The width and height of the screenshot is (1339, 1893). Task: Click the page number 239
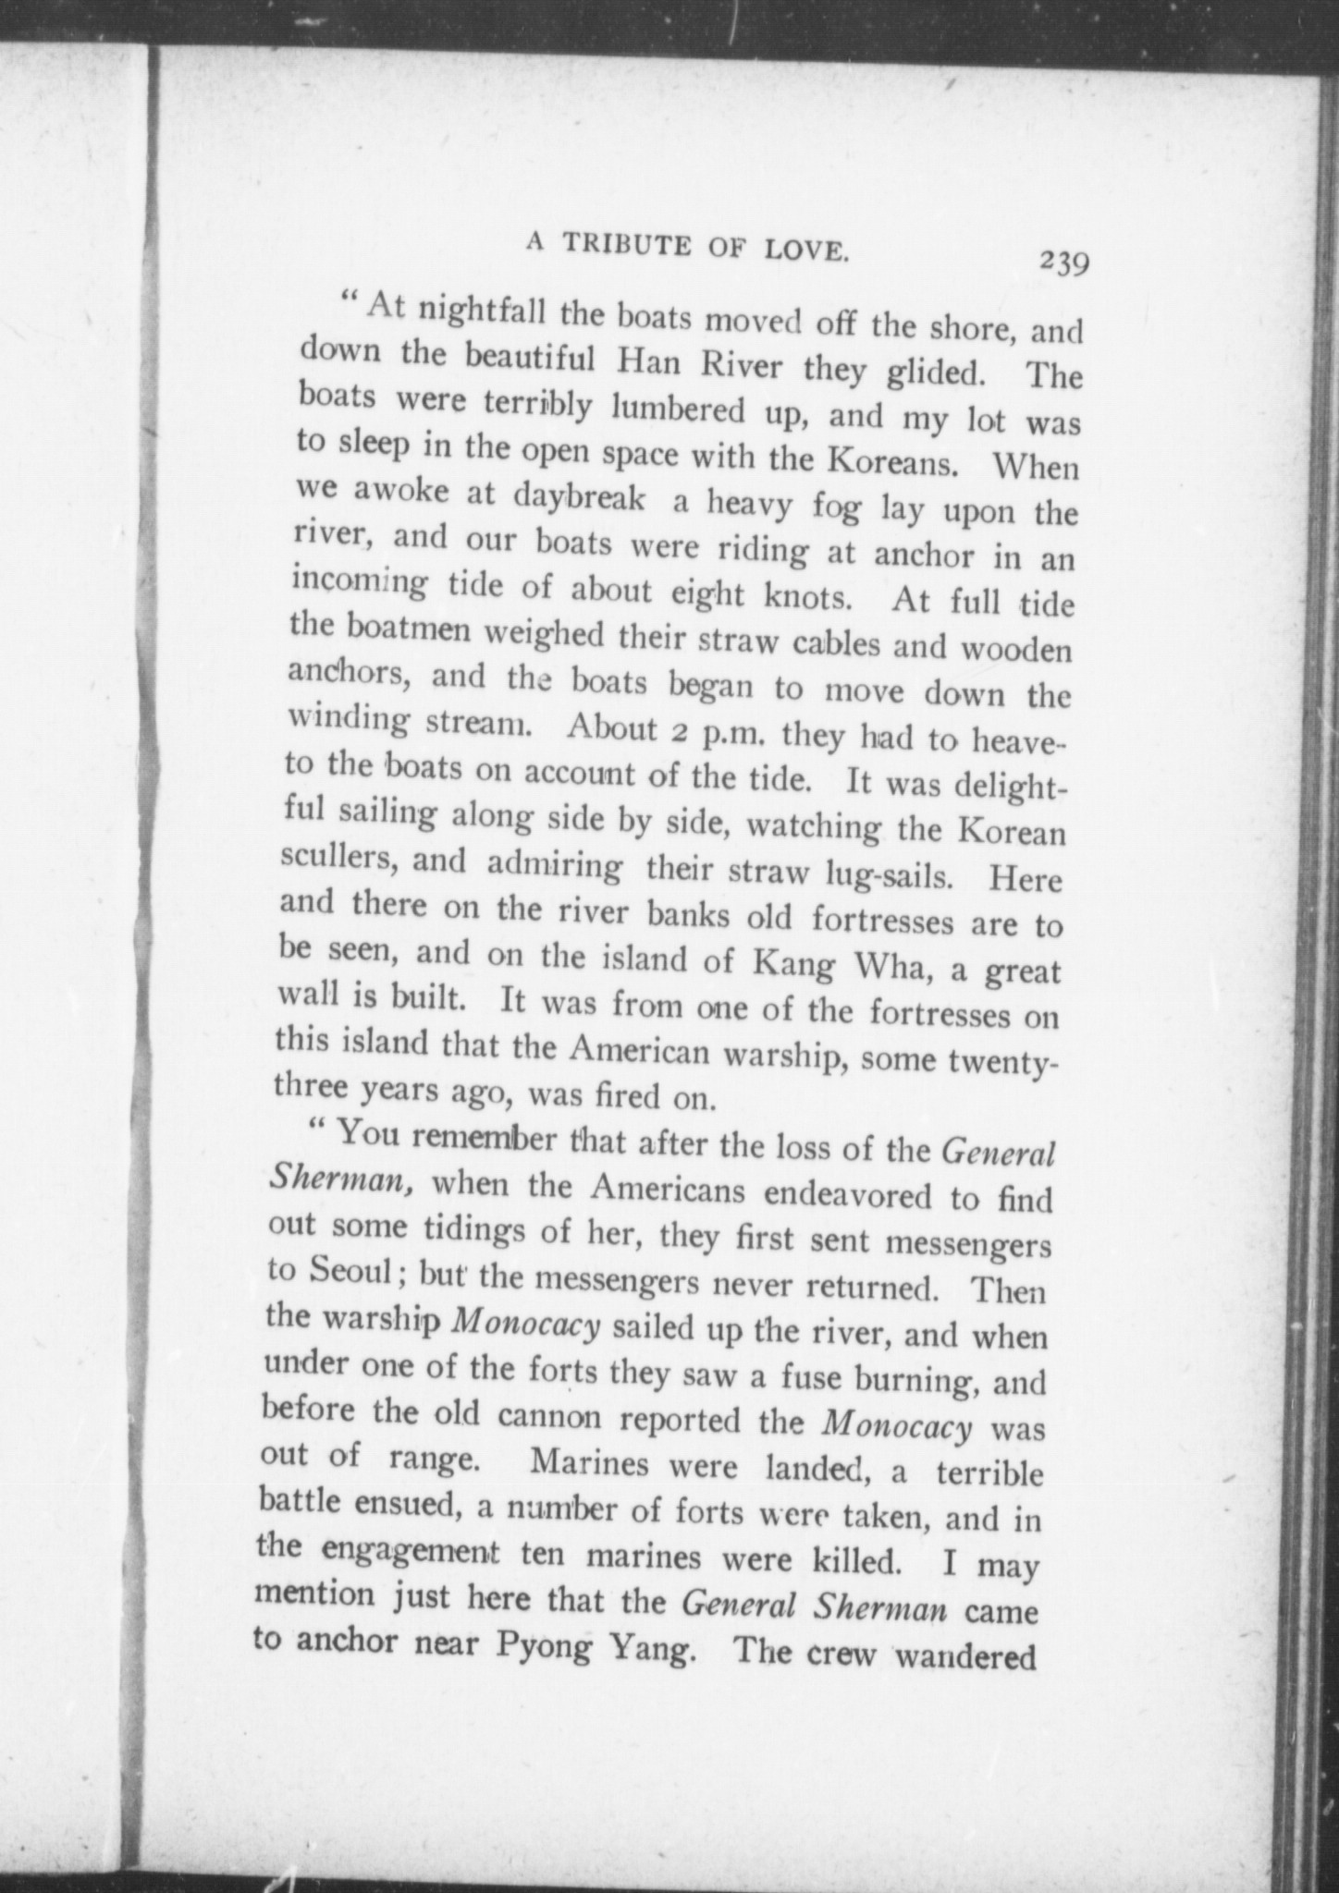(x=1064, y=263)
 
